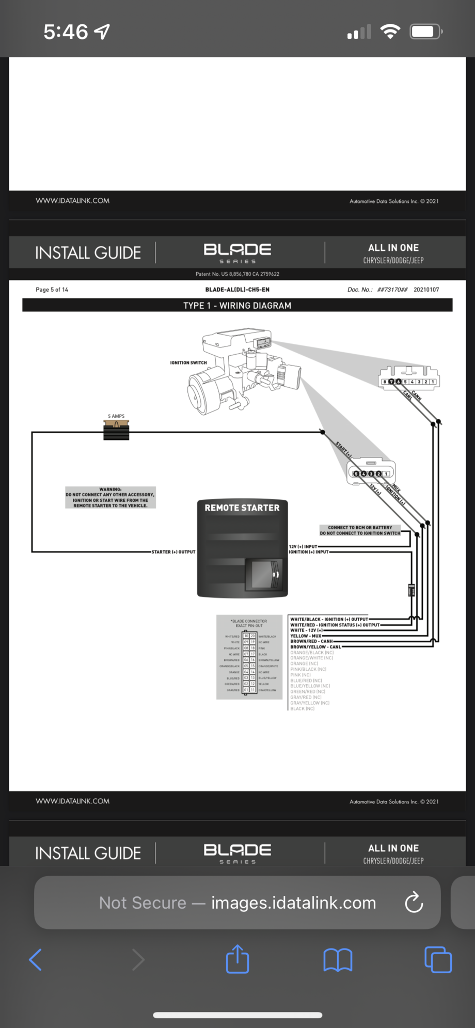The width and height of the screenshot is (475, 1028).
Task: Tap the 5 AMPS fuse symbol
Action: pyautogui.click(x=116, y=430)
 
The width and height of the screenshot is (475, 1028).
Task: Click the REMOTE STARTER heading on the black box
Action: pyautogui.click(x=242, y=508)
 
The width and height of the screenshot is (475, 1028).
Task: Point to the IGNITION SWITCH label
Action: pyautogui.click(x=188, y=363)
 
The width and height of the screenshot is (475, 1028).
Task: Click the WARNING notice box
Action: pyautogui.click(x=110, y=498)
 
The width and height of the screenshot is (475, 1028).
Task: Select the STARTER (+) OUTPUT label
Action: pyautogui.click(x=173, y=552)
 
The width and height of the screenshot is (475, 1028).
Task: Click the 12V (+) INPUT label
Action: pyautogui.click(x=303, y=546)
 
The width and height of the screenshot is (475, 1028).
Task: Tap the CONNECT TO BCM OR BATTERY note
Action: pyautogui.click(x=360, y=530)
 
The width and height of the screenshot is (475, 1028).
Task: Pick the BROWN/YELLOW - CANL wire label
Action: pyautogui.click(x=315, y=647)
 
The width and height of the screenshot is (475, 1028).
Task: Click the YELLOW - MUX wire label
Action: pyautogui.click(x=306, y=636)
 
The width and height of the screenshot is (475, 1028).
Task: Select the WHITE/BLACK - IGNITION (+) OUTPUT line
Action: pyautogui.click(x=329, y=619)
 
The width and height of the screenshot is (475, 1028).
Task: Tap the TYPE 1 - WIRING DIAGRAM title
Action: pyautogui.click(x=237, y=306)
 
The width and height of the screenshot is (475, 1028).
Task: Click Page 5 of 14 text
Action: pyautogui.click(x=52, y=290)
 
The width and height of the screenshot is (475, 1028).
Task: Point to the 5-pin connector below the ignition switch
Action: pyautogui.click(x=371, y=471)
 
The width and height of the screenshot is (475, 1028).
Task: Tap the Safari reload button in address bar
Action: pyautogui.click(x=414, y=903)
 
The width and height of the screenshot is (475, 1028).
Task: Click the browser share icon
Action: pyautogui.click(x=237, y=959)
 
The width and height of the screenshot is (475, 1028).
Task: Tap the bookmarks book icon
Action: pyautogui.click(x=338, y=960)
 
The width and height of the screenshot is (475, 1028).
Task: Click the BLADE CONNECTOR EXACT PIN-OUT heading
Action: pyautogui.click(x=249, y=623)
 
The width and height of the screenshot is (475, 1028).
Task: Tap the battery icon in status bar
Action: pyautogui.click(x=425, y=32)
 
